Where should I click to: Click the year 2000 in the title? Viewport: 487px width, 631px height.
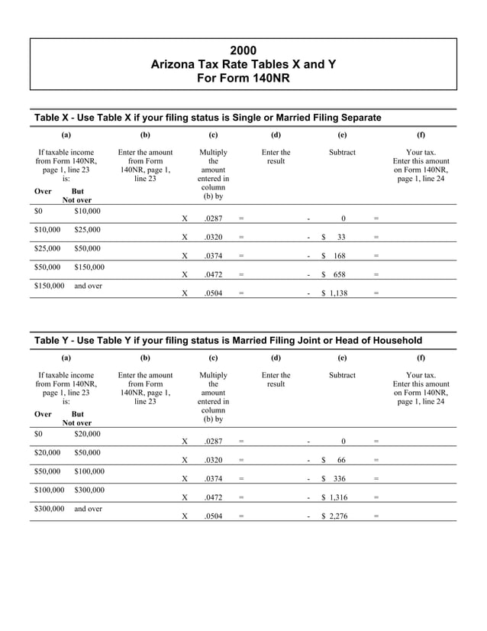click(x=243, y=50)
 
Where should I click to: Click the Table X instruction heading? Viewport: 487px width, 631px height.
click(x=208, y=117)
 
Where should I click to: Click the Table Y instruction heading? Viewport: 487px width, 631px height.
click(x=227, y=340)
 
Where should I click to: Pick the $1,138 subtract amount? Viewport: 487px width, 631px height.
click(x=334, y=293)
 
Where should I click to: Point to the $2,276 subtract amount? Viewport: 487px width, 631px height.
click(x=334, y=516)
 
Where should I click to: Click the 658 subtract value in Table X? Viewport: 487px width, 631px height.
click(x=337, y=274)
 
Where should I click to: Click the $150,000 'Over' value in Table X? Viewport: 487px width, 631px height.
click(x=50, y=286)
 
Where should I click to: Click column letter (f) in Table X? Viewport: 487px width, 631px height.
click(x=421, y=134)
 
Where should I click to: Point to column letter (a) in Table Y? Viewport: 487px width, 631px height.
click(x=66, y=357)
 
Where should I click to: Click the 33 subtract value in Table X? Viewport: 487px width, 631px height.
click(x=340, y=238)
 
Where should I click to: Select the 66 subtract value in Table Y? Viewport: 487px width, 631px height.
click(x=340, y=460)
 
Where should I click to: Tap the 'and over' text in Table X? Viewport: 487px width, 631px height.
click(x=88, y=286)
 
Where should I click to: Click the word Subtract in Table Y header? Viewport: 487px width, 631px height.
click(x=342, y=375)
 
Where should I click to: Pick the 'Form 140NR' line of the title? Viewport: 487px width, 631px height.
click(x=243, y=79)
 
